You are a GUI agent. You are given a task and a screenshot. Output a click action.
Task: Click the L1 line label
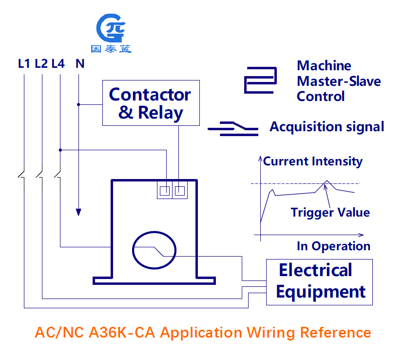tap(24, 64)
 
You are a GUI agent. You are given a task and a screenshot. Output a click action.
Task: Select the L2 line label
tap(41, 64)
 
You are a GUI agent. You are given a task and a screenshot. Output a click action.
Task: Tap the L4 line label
tap(58, 64)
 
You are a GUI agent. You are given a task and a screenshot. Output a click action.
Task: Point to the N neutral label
tap(80, 64)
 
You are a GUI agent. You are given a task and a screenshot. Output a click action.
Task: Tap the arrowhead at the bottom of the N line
tap(78, 212)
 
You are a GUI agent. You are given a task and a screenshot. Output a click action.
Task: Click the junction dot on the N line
tap(78, 104)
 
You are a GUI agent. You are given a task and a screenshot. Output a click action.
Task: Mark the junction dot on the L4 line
tap(60, 150)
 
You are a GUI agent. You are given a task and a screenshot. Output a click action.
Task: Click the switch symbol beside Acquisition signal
tap(233, 129)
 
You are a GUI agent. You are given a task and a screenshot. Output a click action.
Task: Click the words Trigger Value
tap(330, 213)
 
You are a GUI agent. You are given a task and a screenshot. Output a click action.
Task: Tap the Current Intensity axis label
tap(313, 161)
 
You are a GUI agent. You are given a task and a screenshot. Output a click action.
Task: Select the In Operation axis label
tap(333, 246)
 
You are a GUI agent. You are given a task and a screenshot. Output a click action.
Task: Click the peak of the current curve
tap(327, 180)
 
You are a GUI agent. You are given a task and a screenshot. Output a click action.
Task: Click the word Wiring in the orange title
tap(271, 333)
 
